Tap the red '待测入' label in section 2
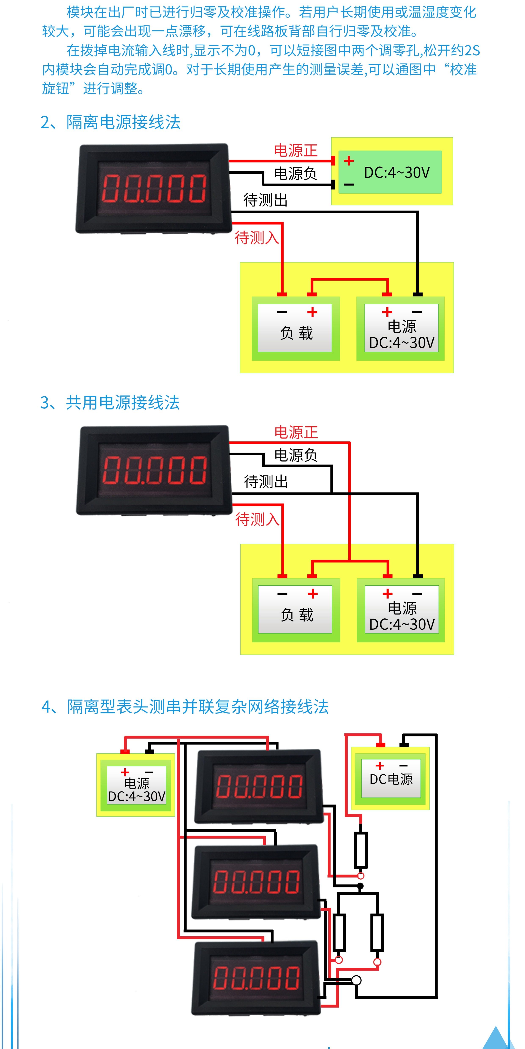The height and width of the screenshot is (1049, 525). coord(257,238)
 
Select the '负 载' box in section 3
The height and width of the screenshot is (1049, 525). coord(296,610)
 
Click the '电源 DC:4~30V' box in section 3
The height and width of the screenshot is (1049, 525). coord(401,610)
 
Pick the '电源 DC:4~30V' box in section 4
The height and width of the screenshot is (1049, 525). coord(136,785)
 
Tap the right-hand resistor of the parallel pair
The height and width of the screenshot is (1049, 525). coord(377,932)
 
